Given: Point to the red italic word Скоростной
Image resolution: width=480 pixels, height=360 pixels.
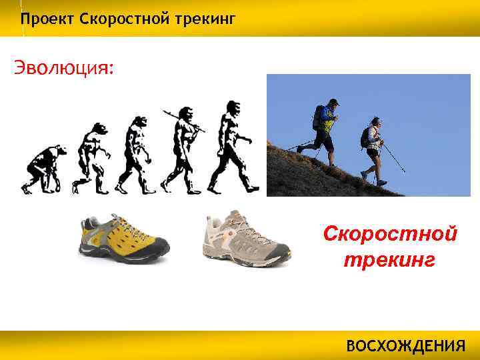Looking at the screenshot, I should click(x=389, y=235).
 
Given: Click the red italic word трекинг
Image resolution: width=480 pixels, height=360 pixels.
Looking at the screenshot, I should click(x=389, y=259).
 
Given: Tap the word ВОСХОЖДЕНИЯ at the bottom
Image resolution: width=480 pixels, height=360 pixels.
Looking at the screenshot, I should click(x=405, y=347).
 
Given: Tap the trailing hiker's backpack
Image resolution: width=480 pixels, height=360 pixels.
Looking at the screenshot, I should click(x=366, y=137).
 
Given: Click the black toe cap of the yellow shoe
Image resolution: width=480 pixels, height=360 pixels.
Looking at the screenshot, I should click(x=160, y=251).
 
